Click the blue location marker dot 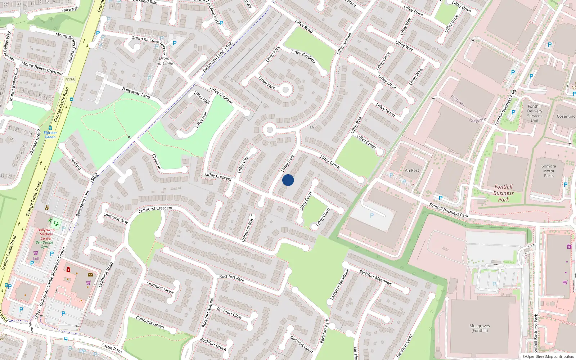288,180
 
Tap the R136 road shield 70,80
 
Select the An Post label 412,170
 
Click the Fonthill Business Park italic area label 503,193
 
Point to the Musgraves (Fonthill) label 480,328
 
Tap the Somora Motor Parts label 549,171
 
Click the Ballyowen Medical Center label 46,234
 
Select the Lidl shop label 36,258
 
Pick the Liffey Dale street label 287,163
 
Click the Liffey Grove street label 330,162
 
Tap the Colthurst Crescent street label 156,209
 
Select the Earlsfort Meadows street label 375,277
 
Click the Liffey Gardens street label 303,57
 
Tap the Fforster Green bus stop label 50,135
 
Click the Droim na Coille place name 165,61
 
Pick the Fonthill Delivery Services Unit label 535,113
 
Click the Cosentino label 566,116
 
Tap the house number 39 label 312,127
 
